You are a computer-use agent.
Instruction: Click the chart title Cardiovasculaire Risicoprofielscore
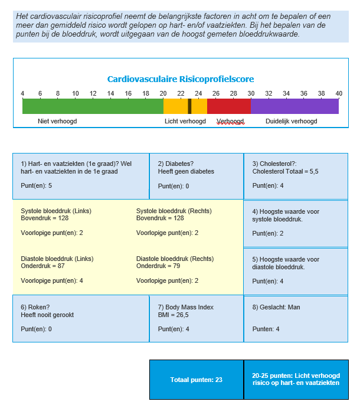click(x=181, y=79)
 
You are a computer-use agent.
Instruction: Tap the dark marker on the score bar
click(x=189, y=106)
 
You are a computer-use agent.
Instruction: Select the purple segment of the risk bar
click(x=294, y=106)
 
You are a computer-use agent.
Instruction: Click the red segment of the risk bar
click(x=229, y=106)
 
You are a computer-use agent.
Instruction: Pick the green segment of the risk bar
click(x=93, y=106)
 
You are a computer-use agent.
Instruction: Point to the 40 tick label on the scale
click(x=339, y=93)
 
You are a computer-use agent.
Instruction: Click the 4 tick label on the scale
click(x=22, y=93)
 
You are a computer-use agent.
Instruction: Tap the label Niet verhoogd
click(x=57, y=121)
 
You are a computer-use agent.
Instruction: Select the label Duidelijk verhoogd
click(x=292, y=121)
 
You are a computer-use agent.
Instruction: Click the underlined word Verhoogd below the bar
click(x=230, y=121)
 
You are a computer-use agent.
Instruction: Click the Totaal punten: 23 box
click(x=197, y=380)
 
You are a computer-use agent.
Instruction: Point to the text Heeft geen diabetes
click(x=186, y=171)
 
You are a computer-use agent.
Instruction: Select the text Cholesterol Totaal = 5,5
click(x=285, y=171)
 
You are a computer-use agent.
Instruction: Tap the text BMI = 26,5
click(x=174, y=315)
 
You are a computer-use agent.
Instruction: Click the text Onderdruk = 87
click(x=42, y=266)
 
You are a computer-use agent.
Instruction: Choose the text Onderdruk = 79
click(x=158, y=266)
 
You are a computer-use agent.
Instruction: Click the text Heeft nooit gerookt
click(x=47, y=315)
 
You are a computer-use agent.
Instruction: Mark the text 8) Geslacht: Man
click(x=276, y=307)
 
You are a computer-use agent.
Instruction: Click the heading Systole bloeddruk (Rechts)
click(x=174, y=211)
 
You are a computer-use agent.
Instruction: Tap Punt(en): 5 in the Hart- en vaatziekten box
click(x=36, y=186)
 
